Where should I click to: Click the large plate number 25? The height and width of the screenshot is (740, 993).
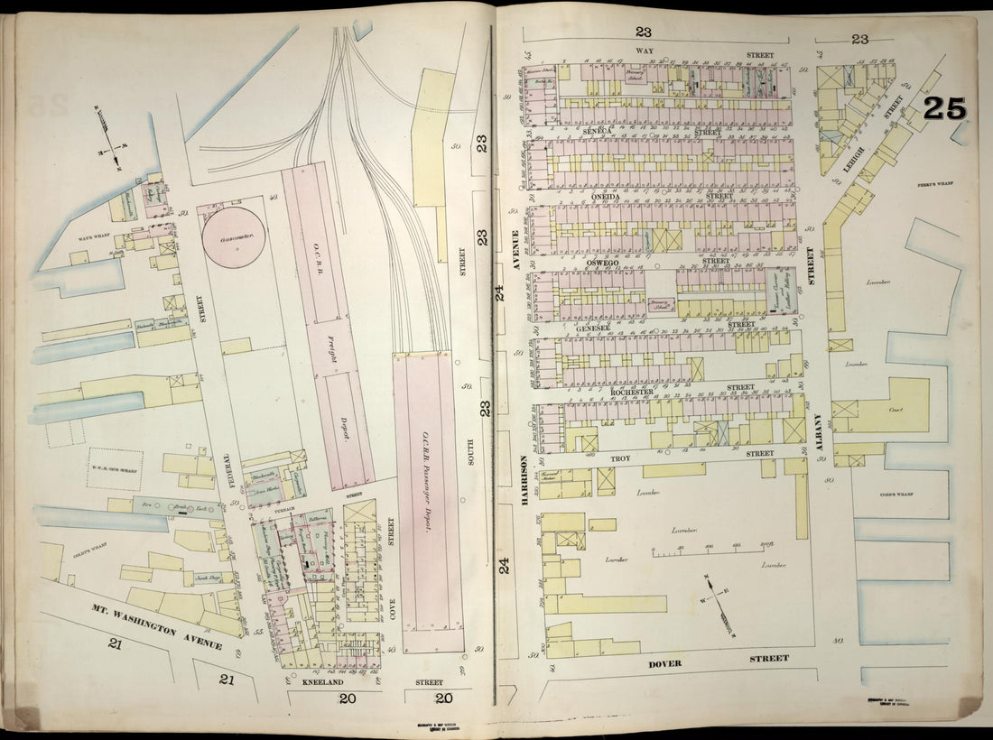[944, 108]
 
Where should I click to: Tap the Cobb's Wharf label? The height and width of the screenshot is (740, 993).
[897, 495]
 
